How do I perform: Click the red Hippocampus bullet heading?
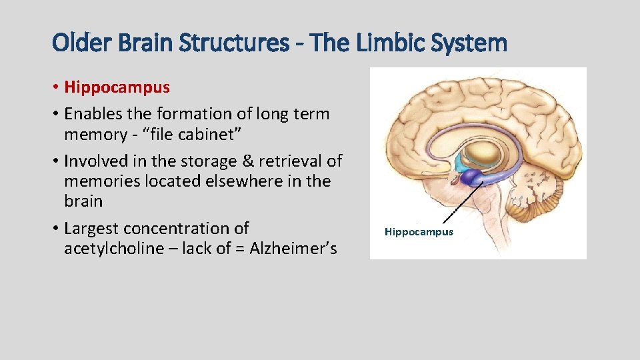[x=117, y=87]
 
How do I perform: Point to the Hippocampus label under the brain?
[x=419, y=232]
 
